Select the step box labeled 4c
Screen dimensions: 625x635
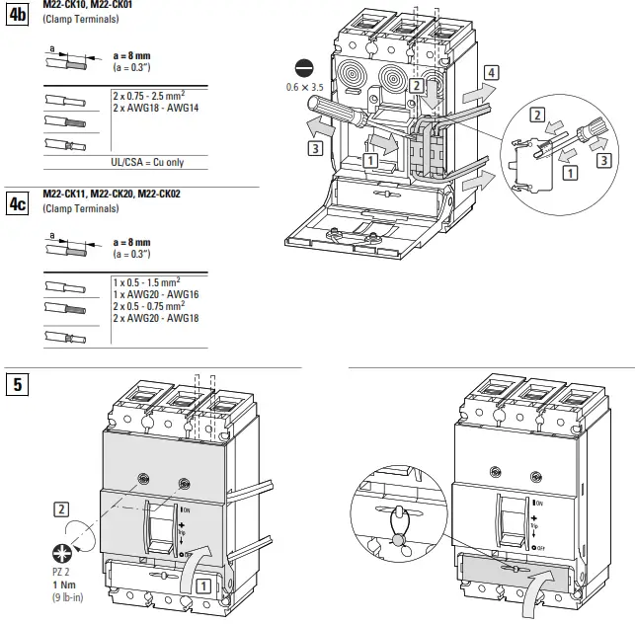point(19,204)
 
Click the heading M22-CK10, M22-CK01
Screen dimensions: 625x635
point(87,6)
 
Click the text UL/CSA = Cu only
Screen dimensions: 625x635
point(147,162)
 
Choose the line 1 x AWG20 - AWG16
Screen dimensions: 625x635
point(156,294)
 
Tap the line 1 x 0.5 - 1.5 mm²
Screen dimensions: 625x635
point(153,283)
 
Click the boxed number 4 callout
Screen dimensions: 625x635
point(491,71)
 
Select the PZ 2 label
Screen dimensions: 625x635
point(61,572)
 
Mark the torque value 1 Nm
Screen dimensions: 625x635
point(64,585)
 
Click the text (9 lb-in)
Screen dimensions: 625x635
point(67,596)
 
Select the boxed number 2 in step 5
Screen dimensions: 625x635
point(61,509)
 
